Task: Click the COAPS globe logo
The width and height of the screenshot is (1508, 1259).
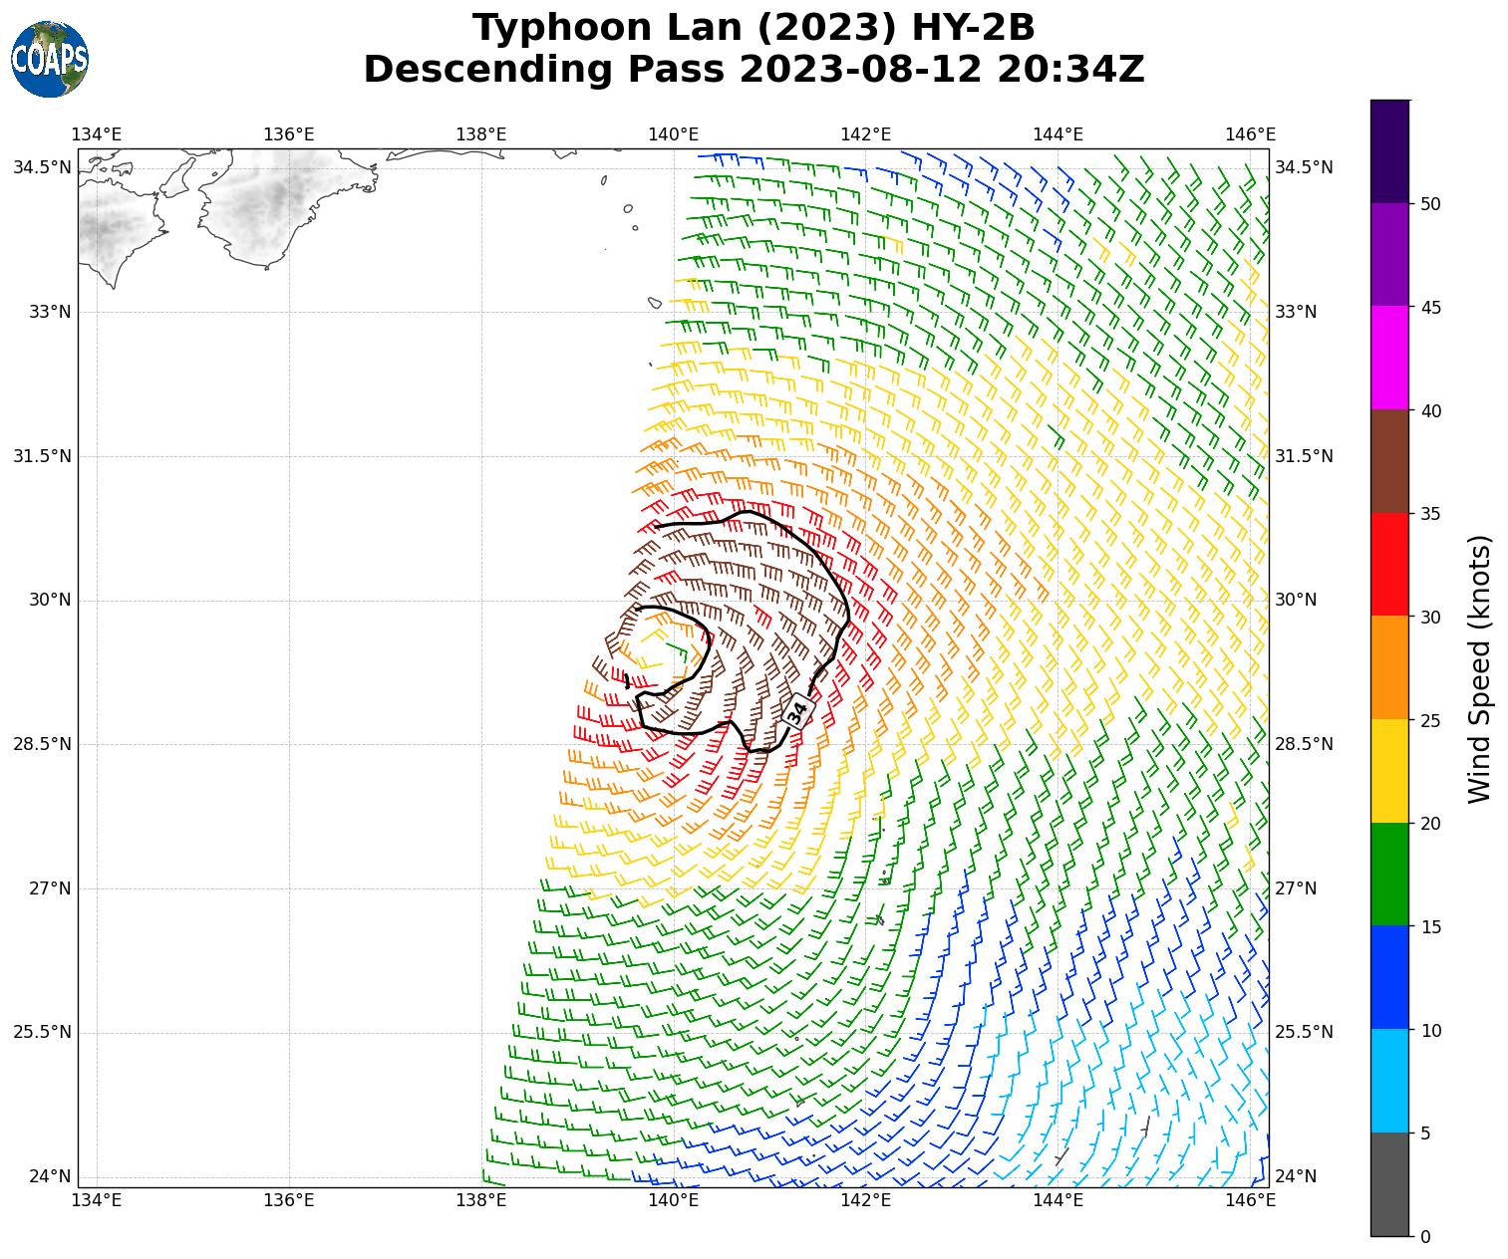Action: coord(50,60)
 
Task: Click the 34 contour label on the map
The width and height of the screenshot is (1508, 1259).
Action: coord(797,712)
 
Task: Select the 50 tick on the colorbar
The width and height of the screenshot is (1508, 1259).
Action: coord(1430,204)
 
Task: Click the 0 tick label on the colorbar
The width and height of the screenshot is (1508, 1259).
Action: coord(1425,1237)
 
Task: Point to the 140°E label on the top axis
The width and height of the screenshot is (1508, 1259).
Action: coord(674,134)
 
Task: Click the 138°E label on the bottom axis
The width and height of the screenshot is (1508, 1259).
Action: coord(481,1199)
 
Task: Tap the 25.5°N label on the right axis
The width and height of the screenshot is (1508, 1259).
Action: coord(1304,1032)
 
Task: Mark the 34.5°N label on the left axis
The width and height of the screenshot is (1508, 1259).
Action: coord(42,167)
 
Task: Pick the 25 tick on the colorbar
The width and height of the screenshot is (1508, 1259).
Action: coord(1430,720)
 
